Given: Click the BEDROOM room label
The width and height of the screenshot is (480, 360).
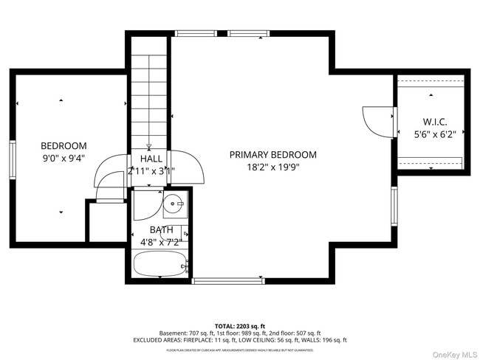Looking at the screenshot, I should point(64,146).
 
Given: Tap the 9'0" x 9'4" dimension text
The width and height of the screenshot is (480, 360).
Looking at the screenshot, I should point(64,158).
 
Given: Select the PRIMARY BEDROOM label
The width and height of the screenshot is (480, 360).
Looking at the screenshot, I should point(272,155).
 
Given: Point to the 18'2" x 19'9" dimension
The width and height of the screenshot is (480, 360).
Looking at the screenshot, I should point(272,167).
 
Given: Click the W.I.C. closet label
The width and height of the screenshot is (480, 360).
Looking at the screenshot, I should point(434,122).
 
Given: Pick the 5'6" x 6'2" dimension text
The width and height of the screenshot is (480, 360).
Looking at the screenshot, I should point(434,134).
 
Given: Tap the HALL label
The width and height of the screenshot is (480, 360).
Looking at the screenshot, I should point(151,159).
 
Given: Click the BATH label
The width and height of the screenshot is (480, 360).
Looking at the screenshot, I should point(161,229).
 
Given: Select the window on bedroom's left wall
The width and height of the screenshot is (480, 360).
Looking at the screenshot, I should point(13,160).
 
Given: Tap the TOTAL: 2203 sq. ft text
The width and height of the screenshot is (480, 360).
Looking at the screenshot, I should point(239,325).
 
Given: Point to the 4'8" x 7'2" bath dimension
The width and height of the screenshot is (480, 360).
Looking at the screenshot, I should point(161,242).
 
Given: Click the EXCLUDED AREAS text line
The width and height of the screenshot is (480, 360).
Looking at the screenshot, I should point(239,340).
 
